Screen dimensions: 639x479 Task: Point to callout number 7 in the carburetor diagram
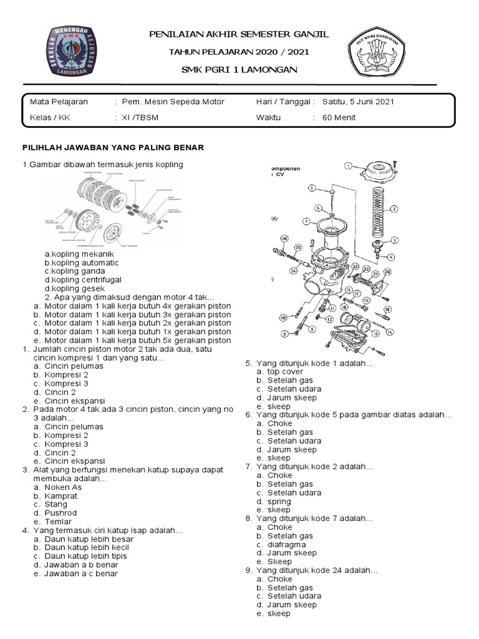coord(306,221)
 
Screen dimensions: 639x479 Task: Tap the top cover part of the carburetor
coord(380,169)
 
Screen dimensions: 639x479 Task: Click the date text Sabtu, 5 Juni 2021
coord(358,102)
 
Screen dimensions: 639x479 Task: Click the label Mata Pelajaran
coord(59,102)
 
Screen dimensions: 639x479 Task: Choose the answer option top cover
coord(285,371)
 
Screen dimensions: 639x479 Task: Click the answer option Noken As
coord(62,487)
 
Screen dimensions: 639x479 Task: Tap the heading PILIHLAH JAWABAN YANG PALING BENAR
coord(113,147)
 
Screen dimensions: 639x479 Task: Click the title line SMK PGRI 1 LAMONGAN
coord(239,69)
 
